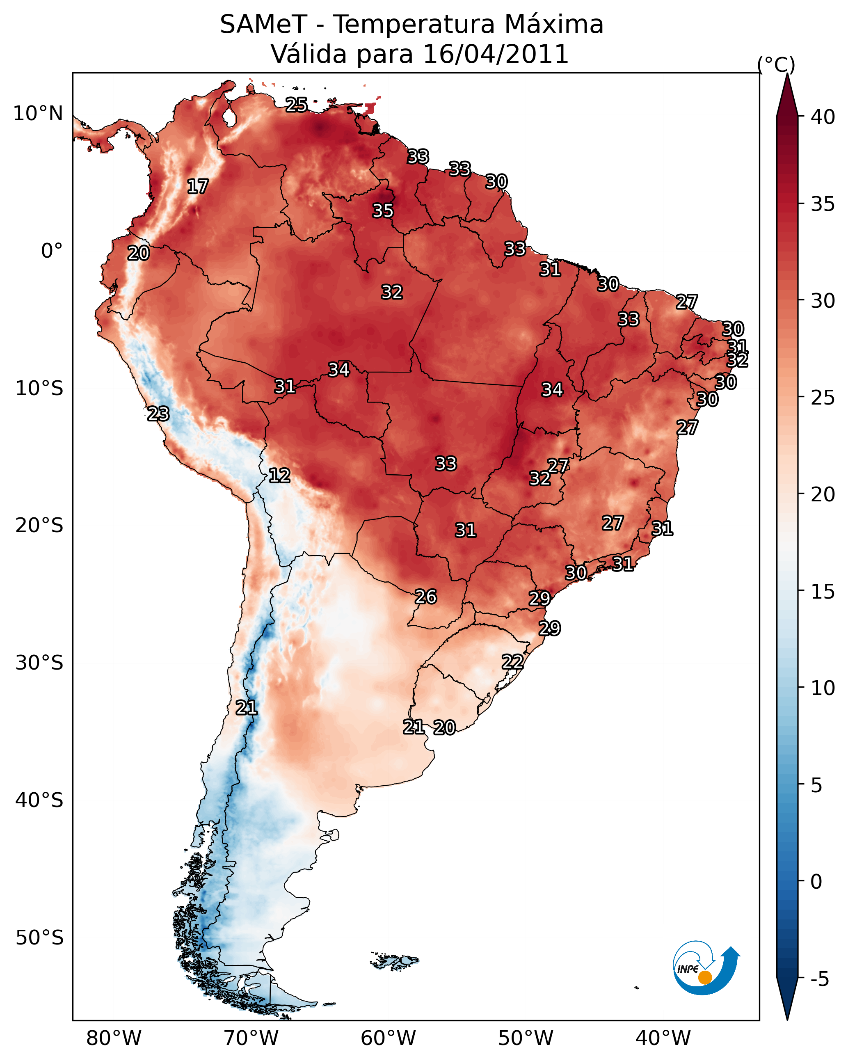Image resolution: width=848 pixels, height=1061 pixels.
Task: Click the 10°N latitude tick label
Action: click(38, 114)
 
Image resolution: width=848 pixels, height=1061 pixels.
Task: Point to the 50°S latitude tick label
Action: click(39, 938)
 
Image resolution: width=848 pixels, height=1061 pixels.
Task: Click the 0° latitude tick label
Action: click(52, 251)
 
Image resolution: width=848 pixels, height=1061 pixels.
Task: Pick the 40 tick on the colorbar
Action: click(823, 117)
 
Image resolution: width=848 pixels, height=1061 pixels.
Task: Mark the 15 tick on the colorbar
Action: click(823, 592)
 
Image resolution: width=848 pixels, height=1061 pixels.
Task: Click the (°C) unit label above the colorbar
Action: click(776, 64)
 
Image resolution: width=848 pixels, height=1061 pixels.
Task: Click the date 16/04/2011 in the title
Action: click(496, 54)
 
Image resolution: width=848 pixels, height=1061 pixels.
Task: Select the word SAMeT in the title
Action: click(264, 25)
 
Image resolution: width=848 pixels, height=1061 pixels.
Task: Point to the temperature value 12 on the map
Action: click(279, 476)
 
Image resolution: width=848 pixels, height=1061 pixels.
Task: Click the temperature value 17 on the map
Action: click(198, 187)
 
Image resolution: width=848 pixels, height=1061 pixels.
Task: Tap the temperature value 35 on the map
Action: click(383, 210)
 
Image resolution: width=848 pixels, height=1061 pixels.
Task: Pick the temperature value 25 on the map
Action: click(297, 104)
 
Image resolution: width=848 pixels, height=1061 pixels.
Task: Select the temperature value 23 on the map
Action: click(158, 414)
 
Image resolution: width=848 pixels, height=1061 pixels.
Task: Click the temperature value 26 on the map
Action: click(426, 597)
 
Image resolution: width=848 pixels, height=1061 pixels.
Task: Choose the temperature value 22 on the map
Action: click(513, 661)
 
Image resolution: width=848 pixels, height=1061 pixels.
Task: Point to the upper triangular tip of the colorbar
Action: click(787, 74)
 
